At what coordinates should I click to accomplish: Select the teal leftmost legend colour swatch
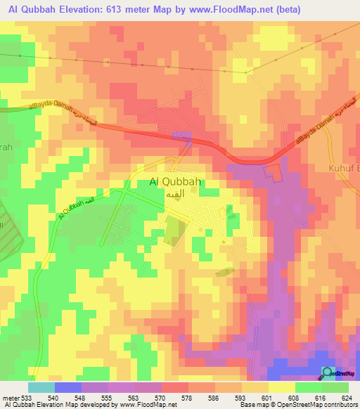[41, 387]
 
